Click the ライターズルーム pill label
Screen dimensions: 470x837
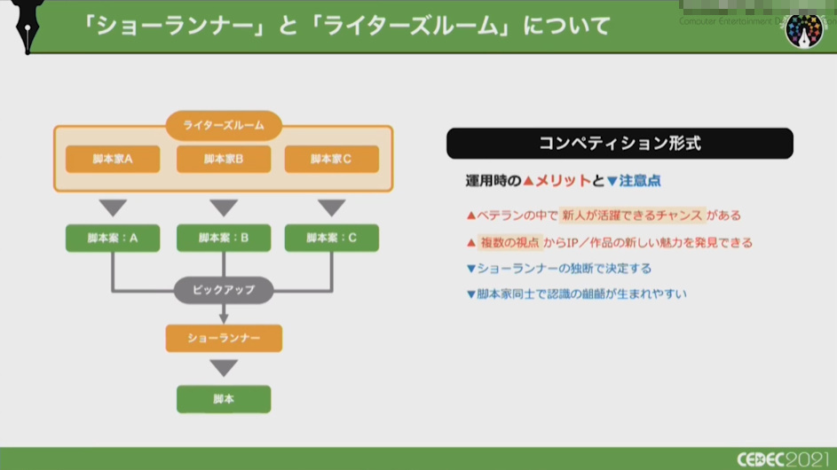coord(224,125)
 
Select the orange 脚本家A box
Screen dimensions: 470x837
coord(113,159)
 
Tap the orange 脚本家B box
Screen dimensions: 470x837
coord(224,159)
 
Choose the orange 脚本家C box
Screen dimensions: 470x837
coord(331,159)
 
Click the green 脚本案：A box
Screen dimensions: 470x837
coord(113,238)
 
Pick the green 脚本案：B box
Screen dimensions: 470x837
coord(224,238)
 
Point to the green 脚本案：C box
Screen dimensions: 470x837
coord(331,238)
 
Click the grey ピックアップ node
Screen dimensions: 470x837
coord(224,290)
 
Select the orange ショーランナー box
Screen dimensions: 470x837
coord(224,338)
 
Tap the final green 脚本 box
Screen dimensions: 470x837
coord(224,399)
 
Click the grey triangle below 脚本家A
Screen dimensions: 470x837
coord(113,208)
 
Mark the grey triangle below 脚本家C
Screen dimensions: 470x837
coord(331,208)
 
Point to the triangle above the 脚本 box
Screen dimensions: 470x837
coord(224,368)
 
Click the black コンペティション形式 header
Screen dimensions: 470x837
coord(620,143)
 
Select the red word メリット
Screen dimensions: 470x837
coord(562,181)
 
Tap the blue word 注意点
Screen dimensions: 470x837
coord(639,181)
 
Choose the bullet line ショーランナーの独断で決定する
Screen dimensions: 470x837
coord(564,268)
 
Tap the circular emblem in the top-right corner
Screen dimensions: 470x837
coord(804,31)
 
